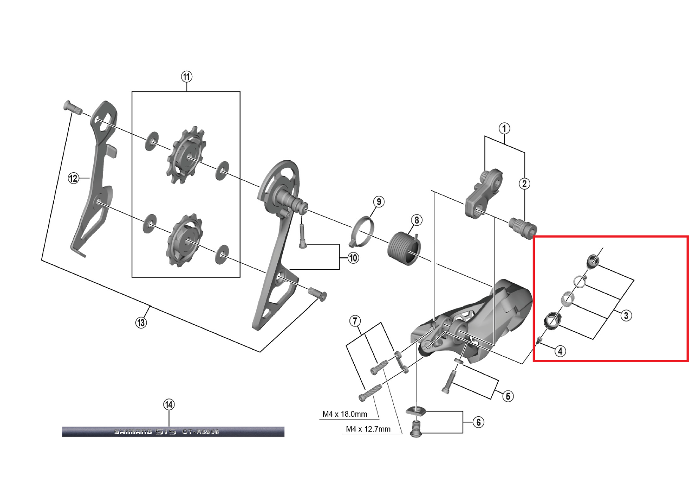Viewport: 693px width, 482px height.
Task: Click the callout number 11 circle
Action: (x=186, y=77)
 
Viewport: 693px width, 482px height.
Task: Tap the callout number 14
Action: (x=169, y=405)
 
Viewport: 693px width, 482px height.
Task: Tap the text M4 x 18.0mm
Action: (x=345, y=414)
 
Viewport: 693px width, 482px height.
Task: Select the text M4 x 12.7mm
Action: (x=368, y=429)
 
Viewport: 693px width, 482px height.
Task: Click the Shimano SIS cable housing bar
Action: (x=173, y=431)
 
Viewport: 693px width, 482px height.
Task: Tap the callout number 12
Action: (x=74, y=178)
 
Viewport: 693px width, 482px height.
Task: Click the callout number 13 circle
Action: (x=141, y=322)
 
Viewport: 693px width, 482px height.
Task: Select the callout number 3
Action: (x=626, y=315)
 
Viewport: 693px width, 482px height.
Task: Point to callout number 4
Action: (x=560, y=351)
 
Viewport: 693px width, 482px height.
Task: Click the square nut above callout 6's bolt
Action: (x=416, y=411)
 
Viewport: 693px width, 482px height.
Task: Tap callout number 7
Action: (x=355, y=321)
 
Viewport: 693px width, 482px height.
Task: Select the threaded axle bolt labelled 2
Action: (x=522, y=224)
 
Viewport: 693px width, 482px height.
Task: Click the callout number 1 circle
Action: (x=504, y=128)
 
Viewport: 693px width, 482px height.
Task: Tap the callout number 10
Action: (x=353, y=258)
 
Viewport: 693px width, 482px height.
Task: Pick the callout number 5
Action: (x=508, y=396)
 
